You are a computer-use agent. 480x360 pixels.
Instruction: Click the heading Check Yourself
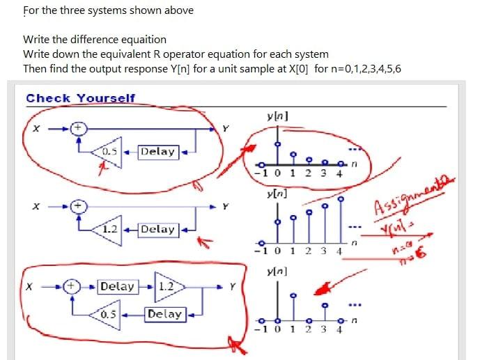tap(80, 98)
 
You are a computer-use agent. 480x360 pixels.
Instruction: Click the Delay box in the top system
tap(157, 151)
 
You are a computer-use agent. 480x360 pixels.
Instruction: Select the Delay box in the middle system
tap(157, 229)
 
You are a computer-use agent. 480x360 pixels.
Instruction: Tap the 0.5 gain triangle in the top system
tap(109, 152)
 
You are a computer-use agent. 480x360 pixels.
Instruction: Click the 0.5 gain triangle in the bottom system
tap(107, 314)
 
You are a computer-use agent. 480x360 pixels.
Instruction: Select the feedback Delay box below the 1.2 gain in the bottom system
tap(165, 314)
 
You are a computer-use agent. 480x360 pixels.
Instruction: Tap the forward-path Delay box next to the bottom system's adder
tap(117, 286)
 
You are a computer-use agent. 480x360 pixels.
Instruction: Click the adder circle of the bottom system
tap(70, 286)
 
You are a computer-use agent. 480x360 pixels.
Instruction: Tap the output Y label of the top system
tap(224, 128)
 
